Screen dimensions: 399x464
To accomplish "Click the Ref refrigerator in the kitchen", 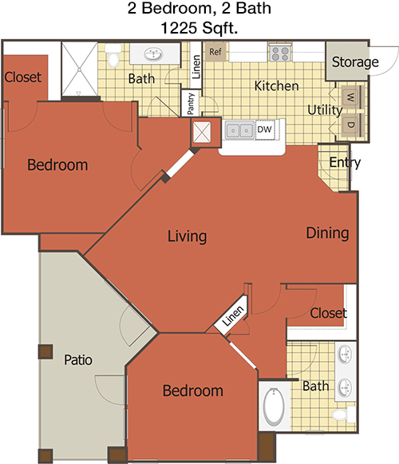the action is [x=216, y=52].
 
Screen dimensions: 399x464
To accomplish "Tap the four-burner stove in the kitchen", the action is [x=280, y=54].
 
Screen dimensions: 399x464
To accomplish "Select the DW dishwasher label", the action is [x=264, y=129].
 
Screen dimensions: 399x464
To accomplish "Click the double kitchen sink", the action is [x=239, y=129].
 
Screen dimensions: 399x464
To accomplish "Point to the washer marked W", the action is [x=351, y=97].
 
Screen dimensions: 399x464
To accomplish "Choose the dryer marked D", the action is [x=351, y=125].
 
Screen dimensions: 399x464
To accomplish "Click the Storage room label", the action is [x=355, y=62].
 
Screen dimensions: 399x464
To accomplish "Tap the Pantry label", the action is [x=191, y=104].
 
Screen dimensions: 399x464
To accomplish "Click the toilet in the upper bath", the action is [x=114, y=55].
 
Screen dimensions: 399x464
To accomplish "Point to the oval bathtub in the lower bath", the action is [x=274, y=406].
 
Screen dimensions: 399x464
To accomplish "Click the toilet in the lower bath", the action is [x=344, y=414].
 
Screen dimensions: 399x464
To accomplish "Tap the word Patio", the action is [x=78, y=360].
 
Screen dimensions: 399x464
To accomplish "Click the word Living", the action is [x=188, y=236].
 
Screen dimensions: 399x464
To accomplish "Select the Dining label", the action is [x=327, y=233].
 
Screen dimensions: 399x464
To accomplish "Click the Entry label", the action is [x=346, y=162].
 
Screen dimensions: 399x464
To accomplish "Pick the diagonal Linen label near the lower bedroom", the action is [x=233, y=315].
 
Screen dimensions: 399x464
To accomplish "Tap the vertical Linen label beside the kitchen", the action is [x=196, y=67].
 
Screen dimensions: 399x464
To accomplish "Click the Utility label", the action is [x=325, y=110].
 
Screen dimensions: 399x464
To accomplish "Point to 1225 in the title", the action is [x=179, y=28].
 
